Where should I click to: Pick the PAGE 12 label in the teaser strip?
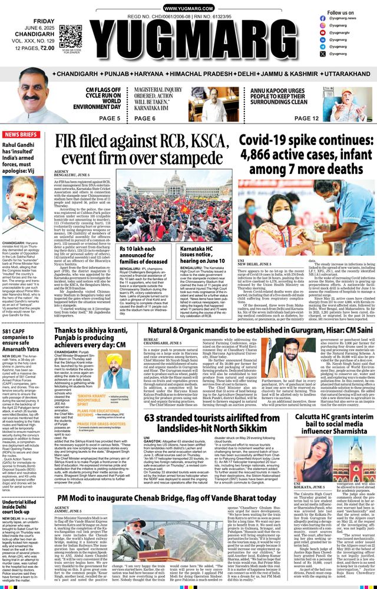pyautogui.click(x=307, y=118)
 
